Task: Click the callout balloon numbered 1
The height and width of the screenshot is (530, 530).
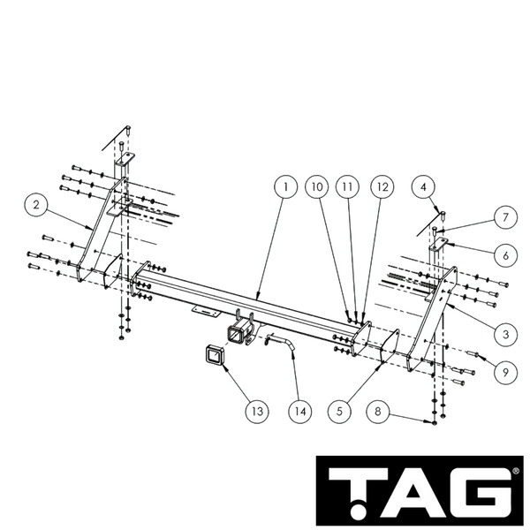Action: point(285,187)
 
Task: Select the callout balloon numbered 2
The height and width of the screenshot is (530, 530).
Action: point(36,205)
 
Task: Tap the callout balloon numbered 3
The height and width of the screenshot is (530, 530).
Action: point(505,334)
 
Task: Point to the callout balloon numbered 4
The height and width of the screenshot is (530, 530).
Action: point(423,187)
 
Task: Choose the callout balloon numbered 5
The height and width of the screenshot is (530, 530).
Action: point(339,412)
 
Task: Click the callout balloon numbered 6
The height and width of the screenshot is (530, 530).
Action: point(505,255)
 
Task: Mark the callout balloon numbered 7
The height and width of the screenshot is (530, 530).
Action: point(505,217)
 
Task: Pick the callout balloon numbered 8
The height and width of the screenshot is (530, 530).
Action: point(378,412)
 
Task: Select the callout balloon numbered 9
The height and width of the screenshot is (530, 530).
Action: point(505,372)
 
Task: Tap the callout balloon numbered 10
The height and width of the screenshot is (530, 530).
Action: point(317,187)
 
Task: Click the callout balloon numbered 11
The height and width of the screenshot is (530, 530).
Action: point(347,187)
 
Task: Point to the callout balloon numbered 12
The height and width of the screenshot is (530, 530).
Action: point(382,187)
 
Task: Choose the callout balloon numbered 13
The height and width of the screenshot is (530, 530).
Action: point(257,412)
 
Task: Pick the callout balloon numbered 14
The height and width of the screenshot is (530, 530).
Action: point(300,412)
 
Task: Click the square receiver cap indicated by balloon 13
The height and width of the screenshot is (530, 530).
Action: point(214,354)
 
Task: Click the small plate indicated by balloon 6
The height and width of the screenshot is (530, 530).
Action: point(438,244)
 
